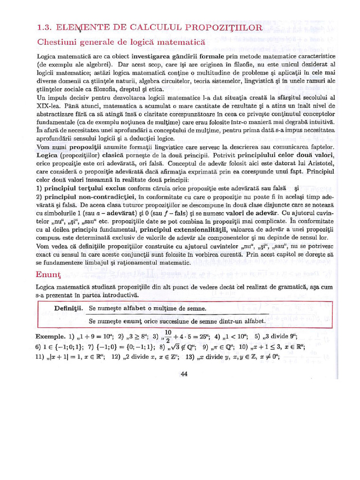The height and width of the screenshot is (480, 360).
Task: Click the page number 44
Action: pos(184,373)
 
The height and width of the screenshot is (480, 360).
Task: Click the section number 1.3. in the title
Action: pos(47,28)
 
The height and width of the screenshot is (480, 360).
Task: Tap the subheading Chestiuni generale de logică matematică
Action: pos(121,42)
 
